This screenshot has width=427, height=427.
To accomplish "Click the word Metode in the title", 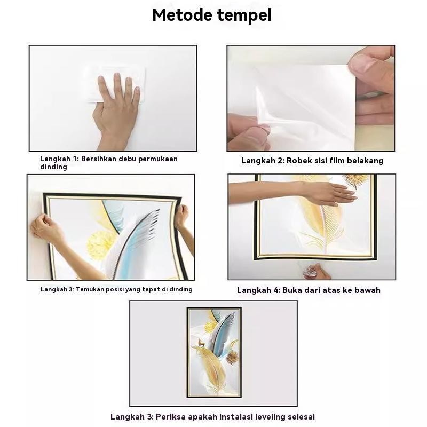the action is (182, 15).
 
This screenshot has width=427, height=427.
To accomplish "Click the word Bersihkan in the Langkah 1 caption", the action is (99, 159).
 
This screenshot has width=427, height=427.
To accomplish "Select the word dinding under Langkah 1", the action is (53, 167).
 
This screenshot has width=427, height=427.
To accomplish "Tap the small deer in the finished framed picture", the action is (201, 343).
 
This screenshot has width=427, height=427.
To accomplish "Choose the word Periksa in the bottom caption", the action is (171, 416).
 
